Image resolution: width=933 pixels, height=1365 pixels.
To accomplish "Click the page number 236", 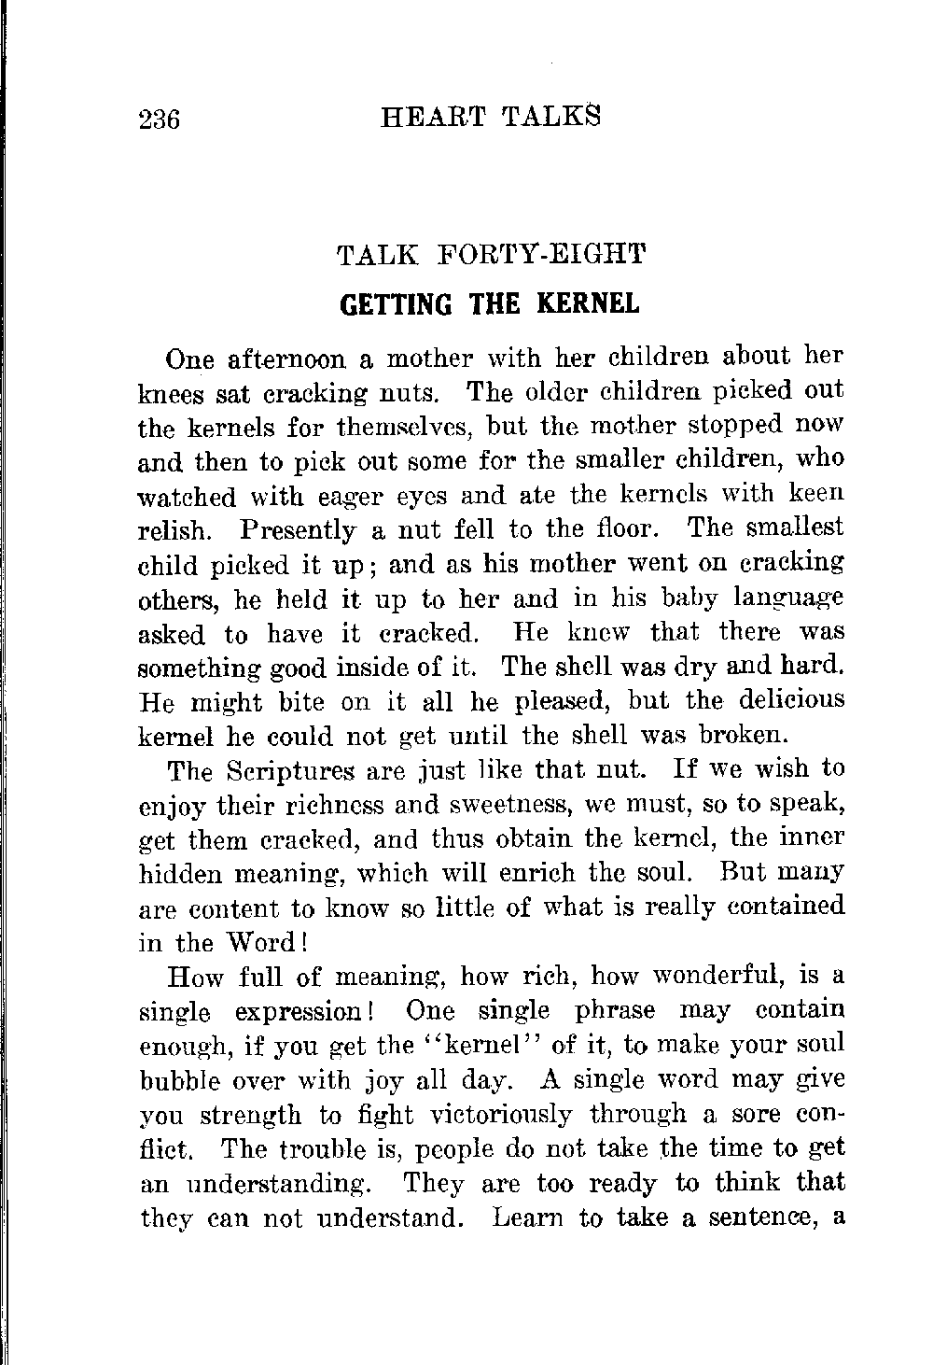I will pyautogui.click(x=159, y=120).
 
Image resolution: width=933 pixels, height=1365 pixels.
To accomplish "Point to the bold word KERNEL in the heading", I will pyautogui.click(x=588, y=304).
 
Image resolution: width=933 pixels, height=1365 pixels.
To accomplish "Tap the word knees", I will pyautogui.click(x=172, y=393).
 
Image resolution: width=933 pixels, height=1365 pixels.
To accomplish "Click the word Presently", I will pyautogui.click(x=298, y=531).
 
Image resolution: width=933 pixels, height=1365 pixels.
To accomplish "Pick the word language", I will pyautogui.click(x=788, y=598).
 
